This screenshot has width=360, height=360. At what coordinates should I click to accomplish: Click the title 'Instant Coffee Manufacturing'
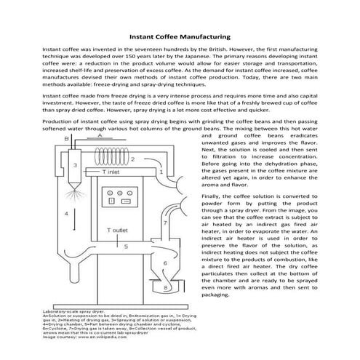tap(180, 35)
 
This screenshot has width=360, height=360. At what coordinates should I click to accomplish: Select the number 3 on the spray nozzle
tap(74, 166)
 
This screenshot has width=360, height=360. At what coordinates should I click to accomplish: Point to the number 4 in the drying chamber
tap(66, 214)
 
